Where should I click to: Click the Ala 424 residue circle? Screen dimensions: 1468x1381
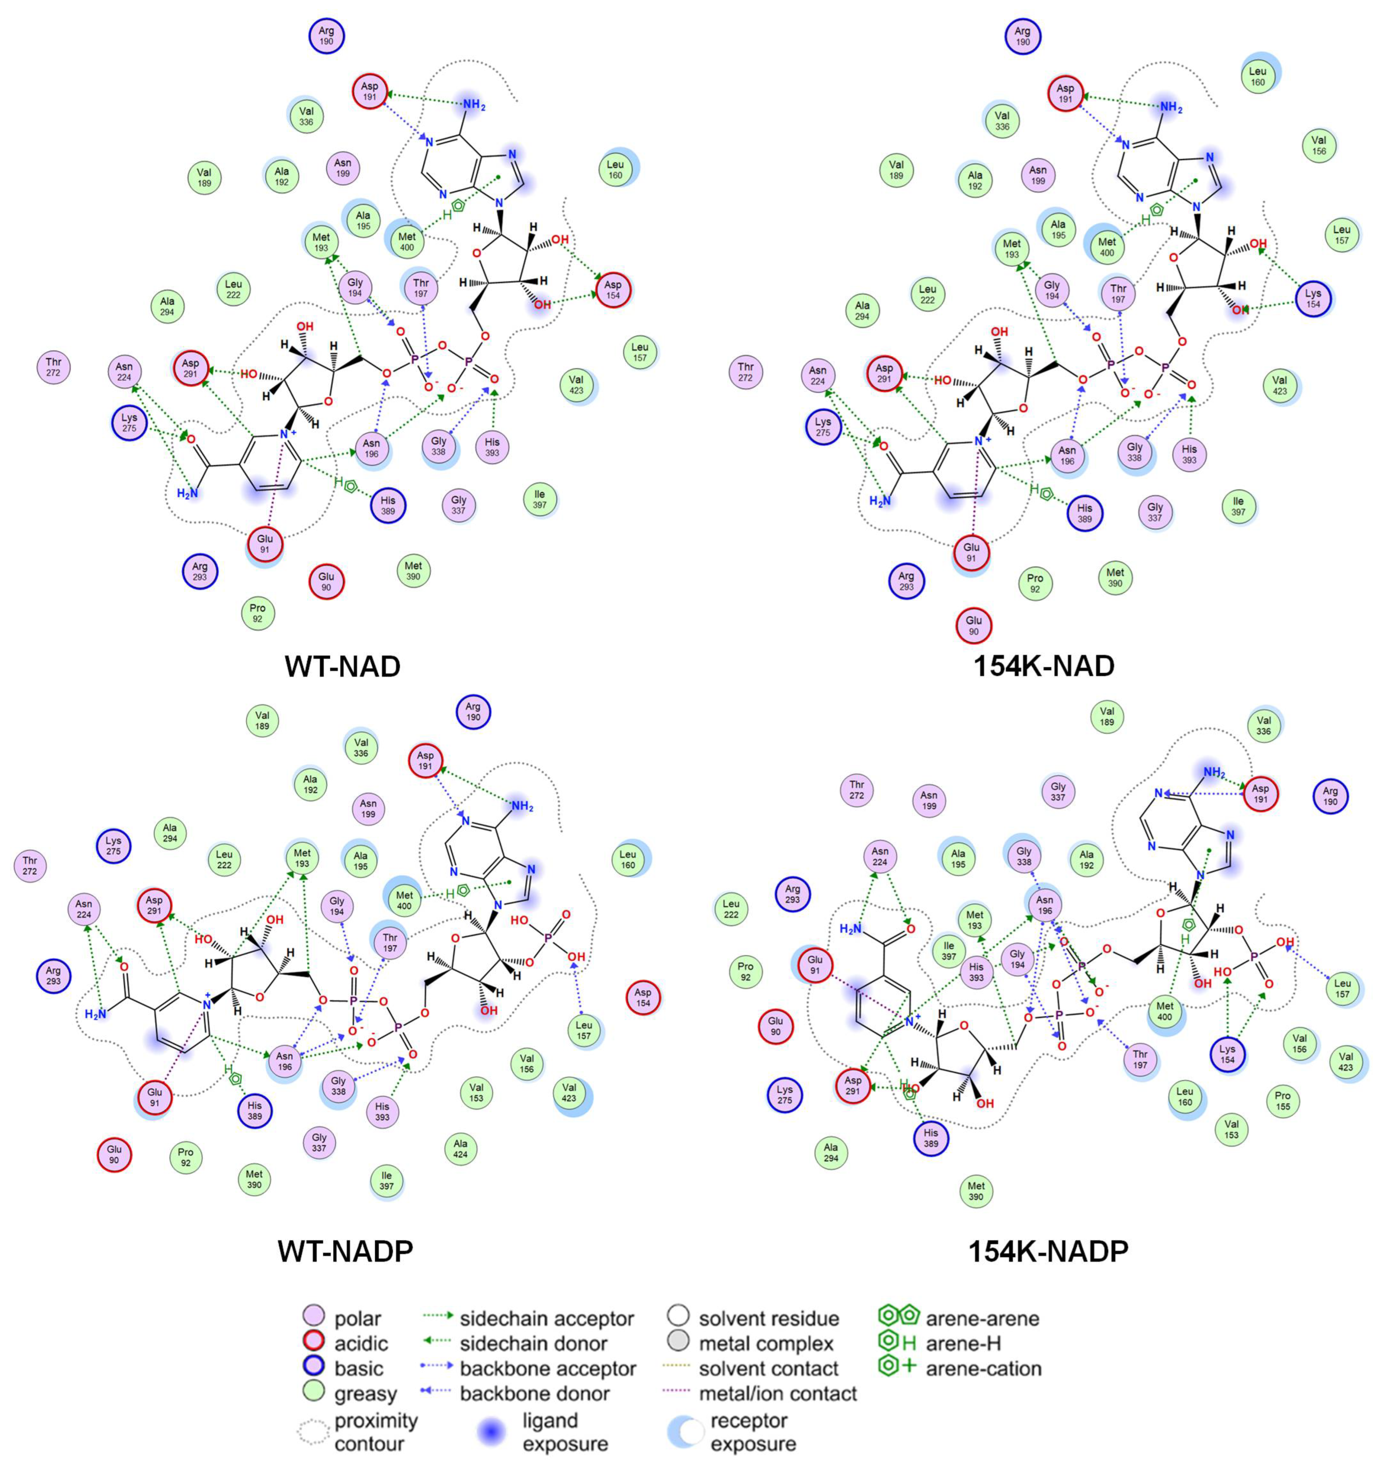[x=460, y=1148]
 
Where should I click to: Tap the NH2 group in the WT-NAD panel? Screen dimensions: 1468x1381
[x=473, y=106]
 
